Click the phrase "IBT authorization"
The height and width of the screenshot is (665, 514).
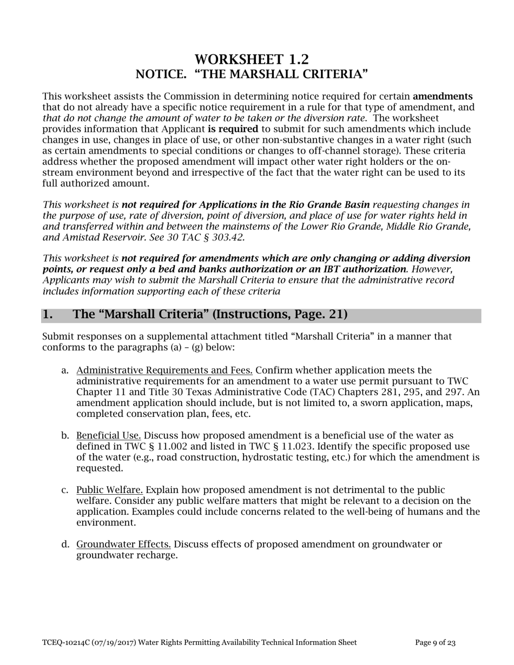[x=368, y=269]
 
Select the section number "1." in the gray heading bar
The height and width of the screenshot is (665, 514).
[x=48, y=315]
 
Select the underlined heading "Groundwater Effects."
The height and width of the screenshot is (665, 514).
[x=124, y=544]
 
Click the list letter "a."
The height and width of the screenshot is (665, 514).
[x=65, y=370]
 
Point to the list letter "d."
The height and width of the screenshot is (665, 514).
[x=65, y=544]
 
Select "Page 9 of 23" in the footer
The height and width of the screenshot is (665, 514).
[x=436, y=643]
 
